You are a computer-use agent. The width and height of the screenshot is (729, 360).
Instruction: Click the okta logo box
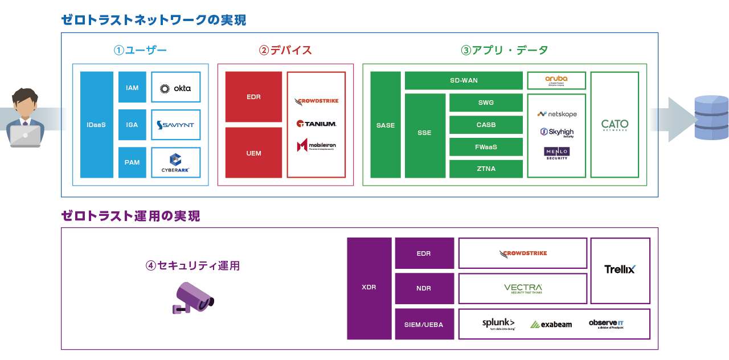[x=176, y=88]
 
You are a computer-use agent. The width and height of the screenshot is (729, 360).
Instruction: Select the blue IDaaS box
[x=97, y=125]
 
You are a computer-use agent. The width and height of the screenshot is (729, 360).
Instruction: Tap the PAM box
[x=132, y=162]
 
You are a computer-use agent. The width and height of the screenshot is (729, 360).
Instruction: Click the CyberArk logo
[x=176, y=163]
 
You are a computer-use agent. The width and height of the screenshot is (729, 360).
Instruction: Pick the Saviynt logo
[x=176, y=125]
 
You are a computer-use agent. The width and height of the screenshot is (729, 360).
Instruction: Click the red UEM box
[x=253, y=153]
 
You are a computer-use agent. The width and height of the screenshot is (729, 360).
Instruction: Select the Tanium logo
[x=316, y=123]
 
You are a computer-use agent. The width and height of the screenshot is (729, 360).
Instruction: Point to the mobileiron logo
[x=316, y=145]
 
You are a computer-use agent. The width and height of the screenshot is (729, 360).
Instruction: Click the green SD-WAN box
[x=464, y=80]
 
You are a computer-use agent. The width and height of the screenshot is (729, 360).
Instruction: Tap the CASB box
[x=486, y=125]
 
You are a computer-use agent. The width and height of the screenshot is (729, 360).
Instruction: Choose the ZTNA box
[x=486, y=169]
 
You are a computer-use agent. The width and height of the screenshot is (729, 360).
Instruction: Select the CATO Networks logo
[x=615, y=125]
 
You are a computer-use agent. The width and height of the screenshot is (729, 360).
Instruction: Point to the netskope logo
[x=556, y=114]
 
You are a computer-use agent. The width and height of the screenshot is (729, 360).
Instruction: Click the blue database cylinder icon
[x=711, y=118]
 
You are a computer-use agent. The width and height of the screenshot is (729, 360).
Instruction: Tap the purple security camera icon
[x=193, y=297]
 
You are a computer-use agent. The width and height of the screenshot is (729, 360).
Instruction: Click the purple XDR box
[x=369, y=288]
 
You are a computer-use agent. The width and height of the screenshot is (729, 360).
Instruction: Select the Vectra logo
[x=523, y=288]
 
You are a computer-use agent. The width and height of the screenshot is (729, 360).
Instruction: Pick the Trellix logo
[x=620, y=269]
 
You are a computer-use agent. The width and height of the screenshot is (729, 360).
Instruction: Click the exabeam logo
[x=551, y=324]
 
